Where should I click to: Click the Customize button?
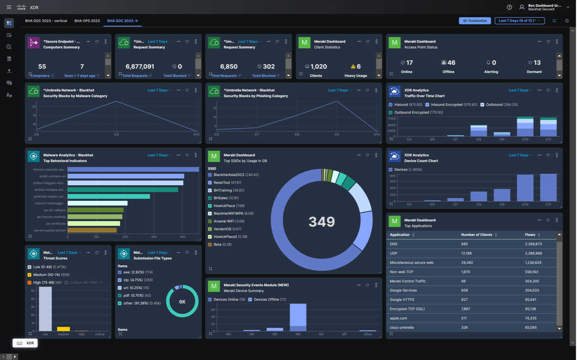[x=474, y=20]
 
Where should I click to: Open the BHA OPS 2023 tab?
[x=87, y=20]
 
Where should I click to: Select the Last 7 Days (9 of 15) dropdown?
[x=519, y=20]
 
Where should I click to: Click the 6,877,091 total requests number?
[x=139, y=66]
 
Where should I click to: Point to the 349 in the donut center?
[x=321, y=221]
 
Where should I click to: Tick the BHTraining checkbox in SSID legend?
[x=210, y=190]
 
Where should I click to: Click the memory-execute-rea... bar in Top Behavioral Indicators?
[x=133, y=169]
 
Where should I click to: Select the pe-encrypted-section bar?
[x=92, y=230]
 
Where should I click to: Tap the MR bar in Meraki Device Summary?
[x=298, y=317]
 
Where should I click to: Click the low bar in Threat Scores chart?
[x=45, y=309]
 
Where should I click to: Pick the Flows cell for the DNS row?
[x=533, y=244]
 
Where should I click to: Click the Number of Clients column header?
[x=477, y=235]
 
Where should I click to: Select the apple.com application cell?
[x=398, y=318]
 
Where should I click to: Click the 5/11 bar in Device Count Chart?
[x=548, y=187]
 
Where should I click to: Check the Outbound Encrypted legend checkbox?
[x=391, y=112]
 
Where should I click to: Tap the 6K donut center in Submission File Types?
[x=182, y=301]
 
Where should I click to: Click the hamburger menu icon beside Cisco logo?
[x=9, y=7]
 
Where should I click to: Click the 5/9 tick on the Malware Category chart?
[x=116, y=134]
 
